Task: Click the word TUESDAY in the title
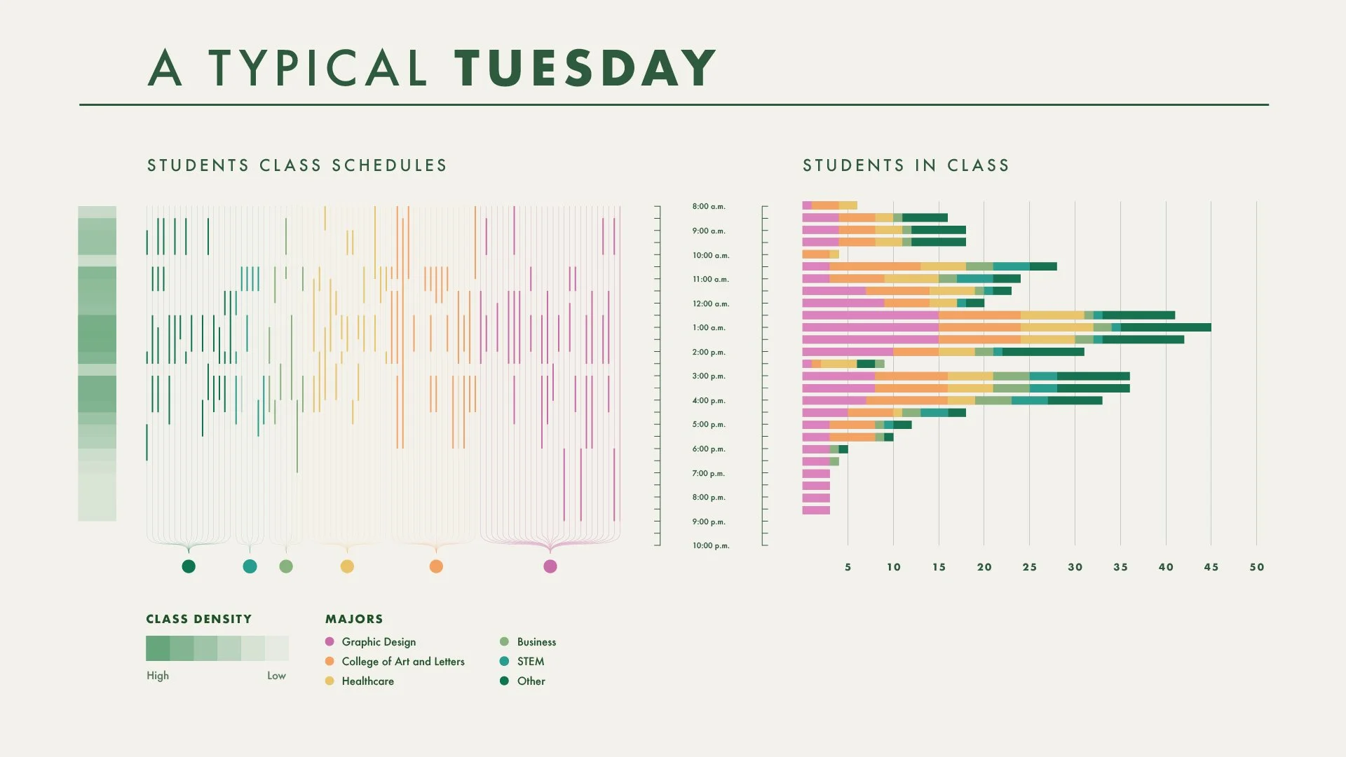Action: [x=585, y=68]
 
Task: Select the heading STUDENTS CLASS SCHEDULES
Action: [x=297, y=165]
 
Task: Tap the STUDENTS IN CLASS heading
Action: [x=906, y=165]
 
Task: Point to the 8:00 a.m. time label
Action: [x=709, y=206]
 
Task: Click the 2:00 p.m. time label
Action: [x=709, y=352]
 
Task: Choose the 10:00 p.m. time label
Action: [x=711, y=545]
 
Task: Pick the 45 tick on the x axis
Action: [x=1211, y=567]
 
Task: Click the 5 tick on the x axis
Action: [x=848, y=567]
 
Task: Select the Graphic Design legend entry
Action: [x=379, y=641]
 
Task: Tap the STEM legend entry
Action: [x=530, y=661]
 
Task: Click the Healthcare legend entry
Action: [x=367, y=681]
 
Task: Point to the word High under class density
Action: [x=158, y=676]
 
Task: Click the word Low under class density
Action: [x=276, y=676]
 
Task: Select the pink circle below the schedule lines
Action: [x=550, y=566]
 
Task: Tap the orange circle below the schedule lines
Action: [x=436, y=566]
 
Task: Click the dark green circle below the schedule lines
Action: [x=189, y=566]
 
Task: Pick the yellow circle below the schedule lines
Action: [x=347, y=566]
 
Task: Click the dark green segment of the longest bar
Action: [x=1165, y=327]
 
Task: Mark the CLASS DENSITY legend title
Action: [x=198, y=619]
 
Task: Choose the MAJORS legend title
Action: [x=354, y=619]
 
